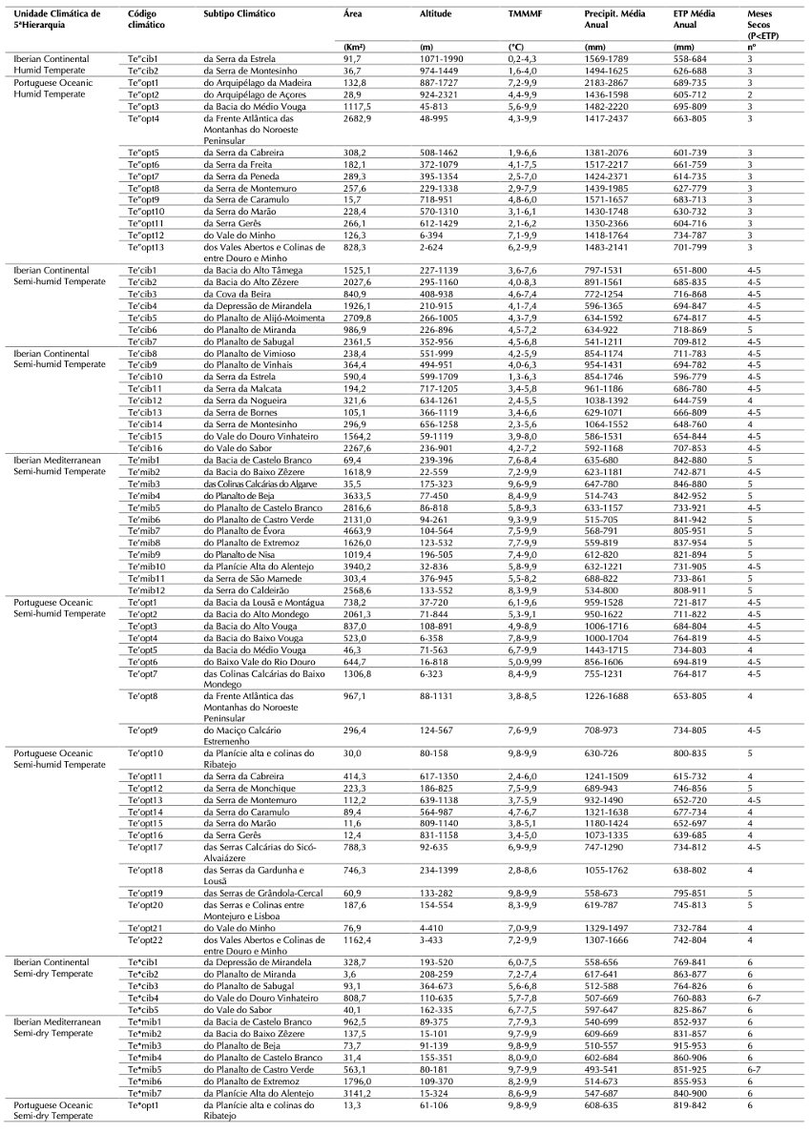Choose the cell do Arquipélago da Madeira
click(x=255, y=83)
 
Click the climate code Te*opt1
click(x=142, y=1104)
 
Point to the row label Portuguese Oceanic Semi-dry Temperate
click(x=56, y=1110)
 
